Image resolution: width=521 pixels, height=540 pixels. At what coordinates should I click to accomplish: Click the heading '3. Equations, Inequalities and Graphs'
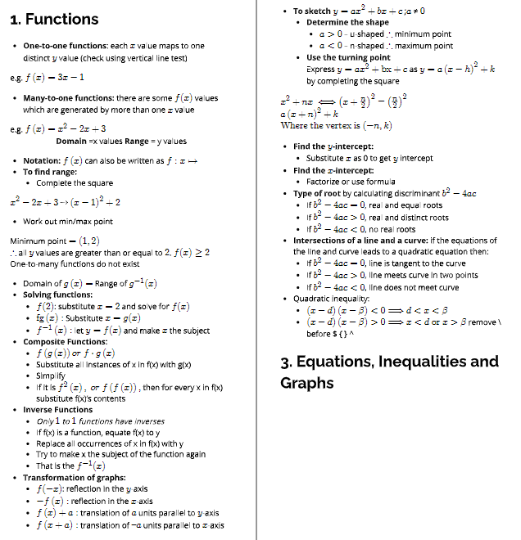389,372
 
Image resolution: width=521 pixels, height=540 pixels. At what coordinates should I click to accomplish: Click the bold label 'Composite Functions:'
65,341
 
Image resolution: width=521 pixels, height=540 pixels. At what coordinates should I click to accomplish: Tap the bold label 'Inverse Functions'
57,409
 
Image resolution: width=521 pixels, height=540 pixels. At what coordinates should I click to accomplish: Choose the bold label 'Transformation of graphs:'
71,477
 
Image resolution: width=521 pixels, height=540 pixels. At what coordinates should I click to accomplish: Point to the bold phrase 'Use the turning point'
348,57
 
